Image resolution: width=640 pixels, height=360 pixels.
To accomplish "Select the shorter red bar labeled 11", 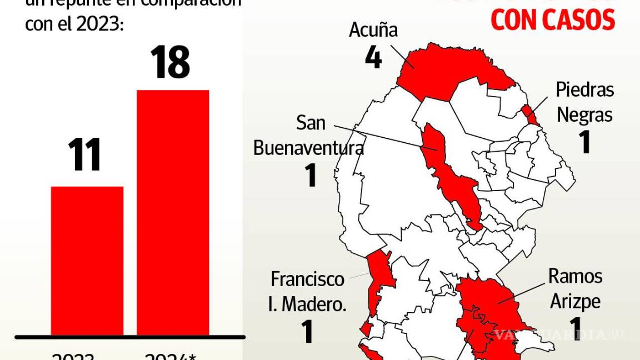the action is (x=87, y=261).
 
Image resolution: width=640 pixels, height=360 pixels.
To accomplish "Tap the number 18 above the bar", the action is (x=170, y=62).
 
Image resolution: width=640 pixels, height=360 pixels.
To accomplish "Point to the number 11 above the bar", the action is (x=85, y=155).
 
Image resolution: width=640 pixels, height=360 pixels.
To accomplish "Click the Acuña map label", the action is (x=373, y=29).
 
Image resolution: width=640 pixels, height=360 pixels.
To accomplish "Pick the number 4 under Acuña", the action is (x=373, y=57).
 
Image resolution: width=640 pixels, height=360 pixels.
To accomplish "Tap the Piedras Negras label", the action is (x=585, y=102).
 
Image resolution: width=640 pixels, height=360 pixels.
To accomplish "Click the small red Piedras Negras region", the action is (x=530, y=114).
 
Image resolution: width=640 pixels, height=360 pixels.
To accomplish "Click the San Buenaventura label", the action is (x=309, y=136).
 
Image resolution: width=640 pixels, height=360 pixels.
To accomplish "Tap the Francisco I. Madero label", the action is (x=308, y=291).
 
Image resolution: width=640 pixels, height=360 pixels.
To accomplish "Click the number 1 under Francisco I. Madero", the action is (x=307, y=331).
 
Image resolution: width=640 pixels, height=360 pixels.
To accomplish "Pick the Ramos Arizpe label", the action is (x=575, y=288).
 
